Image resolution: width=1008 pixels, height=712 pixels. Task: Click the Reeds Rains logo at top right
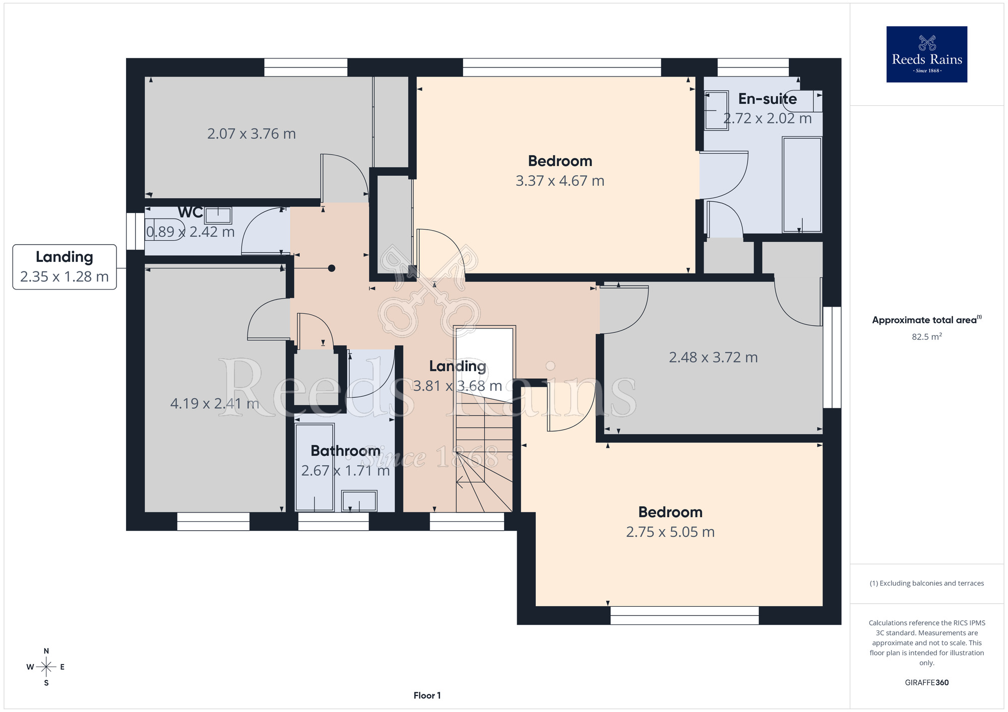[926, 54]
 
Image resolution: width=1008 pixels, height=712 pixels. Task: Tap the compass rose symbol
[46, 667]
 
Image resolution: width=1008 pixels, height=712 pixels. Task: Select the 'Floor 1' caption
[427, 695]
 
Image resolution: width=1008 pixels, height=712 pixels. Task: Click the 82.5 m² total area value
[926, 336]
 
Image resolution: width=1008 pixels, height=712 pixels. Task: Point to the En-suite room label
[768, 99]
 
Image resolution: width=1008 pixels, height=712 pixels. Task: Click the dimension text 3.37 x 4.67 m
[560, 181]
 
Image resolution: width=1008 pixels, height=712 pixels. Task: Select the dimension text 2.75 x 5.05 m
[670, 532]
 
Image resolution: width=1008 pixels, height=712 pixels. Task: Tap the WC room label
[191, 212]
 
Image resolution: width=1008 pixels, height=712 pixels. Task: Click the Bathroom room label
[345, 451]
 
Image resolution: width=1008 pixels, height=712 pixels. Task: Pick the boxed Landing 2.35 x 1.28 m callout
[65, 267]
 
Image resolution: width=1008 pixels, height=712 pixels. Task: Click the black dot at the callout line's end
[332, 268]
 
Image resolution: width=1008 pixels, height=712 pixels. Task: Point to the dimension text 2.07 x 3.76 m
[251, 133]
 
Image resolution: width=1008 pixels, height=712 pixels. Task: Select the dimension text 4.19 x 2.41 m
[215, 403]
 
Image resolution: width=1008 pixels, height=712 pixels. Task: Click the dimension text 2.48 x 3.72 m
[713, 357]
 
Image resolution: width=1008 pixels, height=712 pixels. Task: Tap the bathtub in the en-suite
[802, 184]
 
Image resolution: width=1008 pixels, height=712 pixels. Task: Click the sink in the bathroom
[359, 501]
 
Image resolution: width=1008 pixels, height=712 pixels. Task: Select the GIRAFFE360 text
[926, 683]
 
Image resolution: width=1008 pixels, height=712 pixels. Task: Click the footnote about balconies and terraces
[926, 583]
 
